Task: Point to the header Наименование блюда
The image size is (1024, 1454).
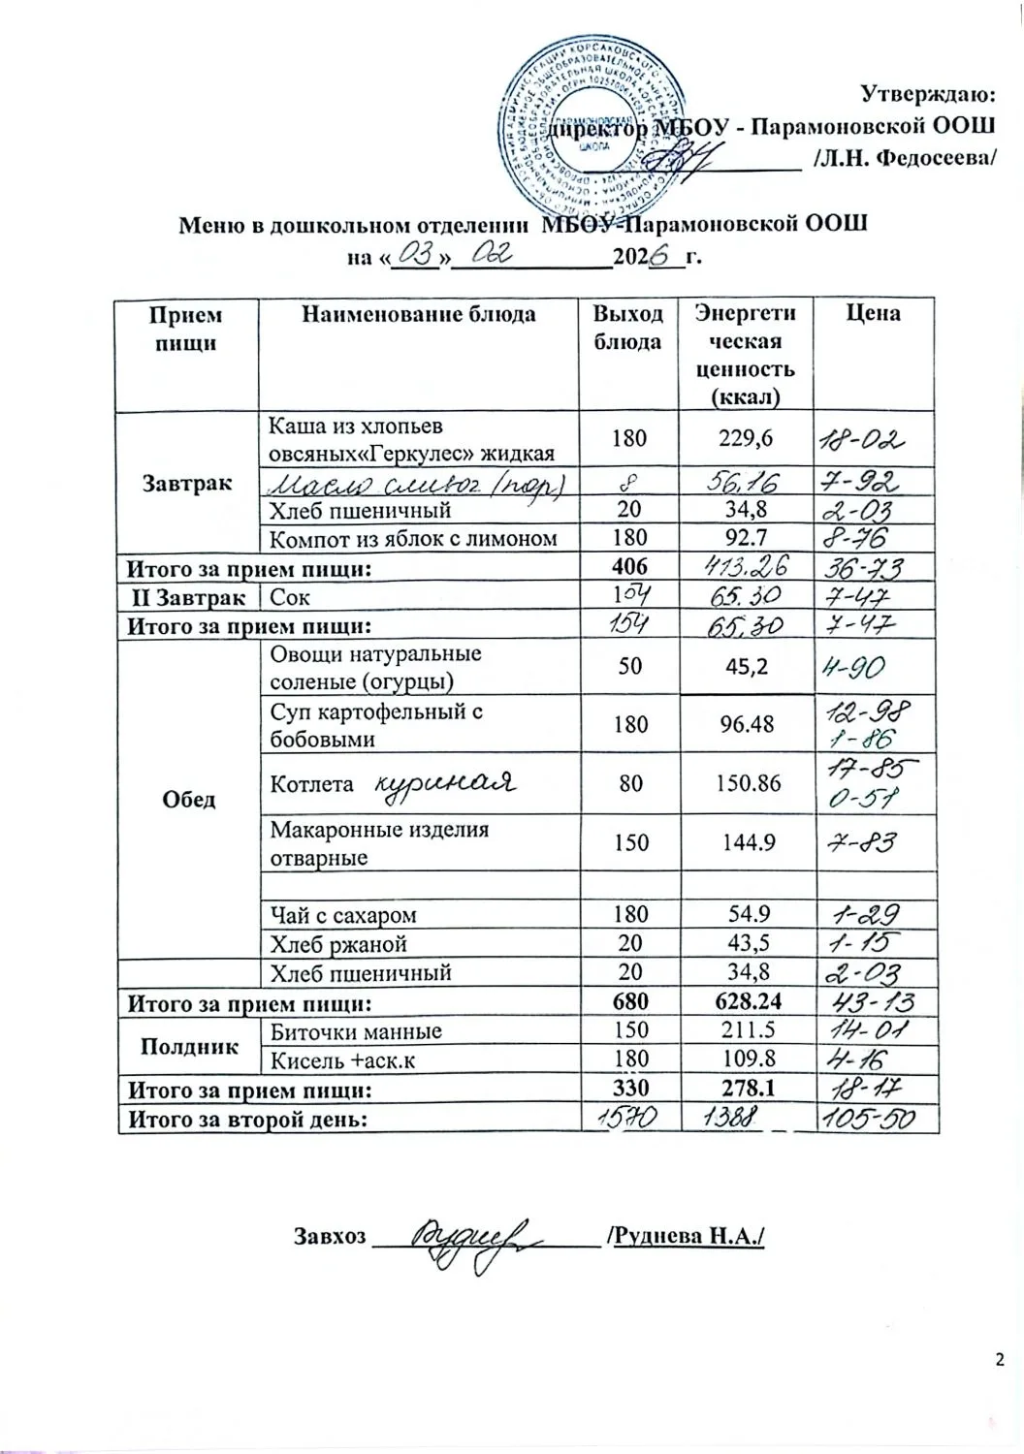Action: pos(419,313)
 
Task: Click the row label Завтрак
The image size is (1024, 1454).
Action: pos(187,481)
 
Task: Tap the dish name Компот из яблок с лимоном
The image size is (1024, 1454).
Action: pos(413,538)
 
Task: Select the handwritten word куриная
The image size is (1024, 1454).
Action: pos(443,782)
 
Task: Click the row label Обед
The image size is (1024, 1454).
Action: pos(190,799)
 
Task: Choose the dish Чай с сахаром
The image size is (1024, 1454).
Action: pos(343,914)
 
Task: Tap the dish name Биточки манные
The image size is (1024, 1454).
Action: pos(356,1031)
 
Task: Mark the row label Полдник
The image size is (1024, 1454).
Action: pos(190,1046)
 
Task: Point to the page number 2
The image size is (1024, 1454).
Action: pos(1000,1360)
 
